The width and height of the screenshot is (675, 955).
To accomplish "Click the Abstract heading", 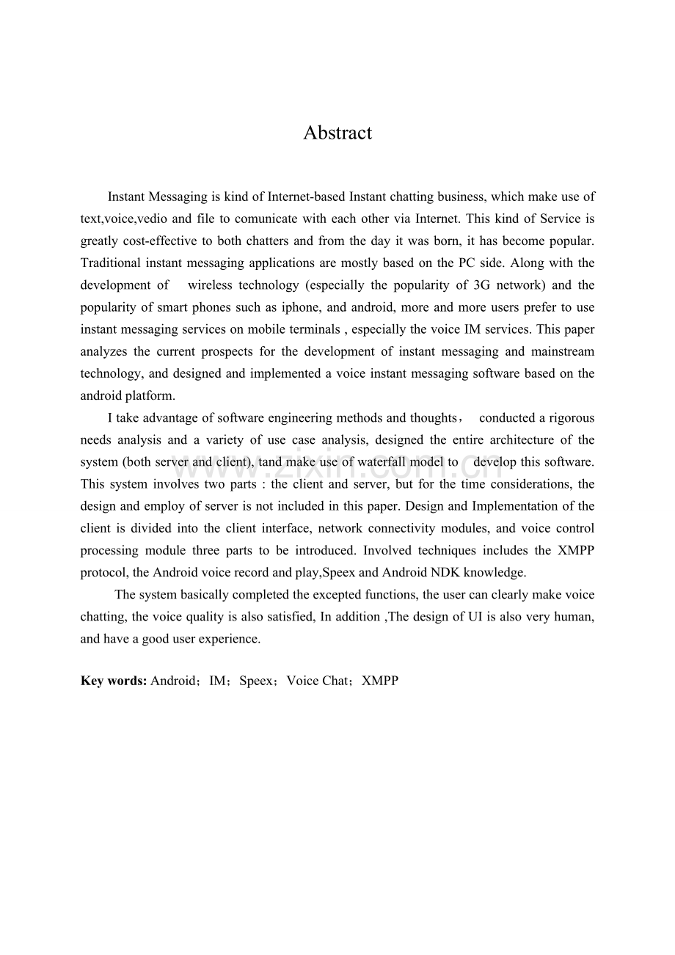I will click(337, 133).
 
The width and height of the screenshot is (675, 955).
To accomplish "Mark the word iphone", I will click(302, 307).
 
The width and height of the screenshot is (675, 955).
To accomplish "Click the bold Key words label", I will click(114, 681).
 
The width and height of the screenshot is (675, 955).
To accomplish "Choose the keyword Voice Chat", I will click(318, 681).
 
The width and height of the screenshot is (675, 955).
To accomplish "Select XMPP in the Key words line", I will click(380, 681).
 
